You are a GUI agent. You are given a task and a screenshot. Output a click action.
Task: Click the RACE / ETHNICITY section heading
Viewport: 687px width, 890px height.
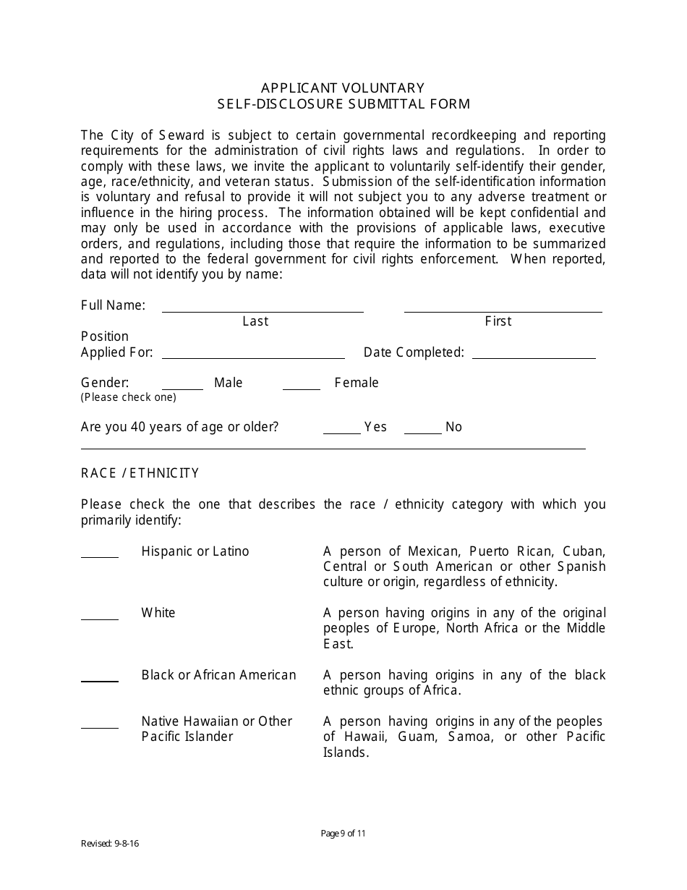pyautogui.click(x=140, y=473)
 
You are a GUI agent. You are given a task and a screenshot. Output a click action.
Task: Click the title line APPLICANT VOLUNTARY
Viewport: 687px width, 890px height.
pyautogui.click(x=343, y=88)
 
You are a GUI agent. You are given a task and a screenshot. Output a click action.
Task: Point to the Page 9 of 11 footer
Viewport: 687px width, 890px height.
pyautogui.click(x=343, y=833)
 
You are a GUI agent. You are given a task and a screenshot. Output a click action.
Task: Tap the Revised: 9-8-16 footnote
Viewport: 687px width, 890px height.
pyautogui.click(x=110, y=844)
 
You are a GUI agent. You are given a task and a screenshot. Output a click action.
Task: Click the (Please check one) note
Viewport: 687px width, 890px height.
pyautogui.click(x=128, y=397)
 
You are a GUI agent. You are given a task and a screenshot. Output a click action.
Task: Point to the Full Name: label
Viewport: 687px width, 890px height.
pyautogui.click(x=113, y=305)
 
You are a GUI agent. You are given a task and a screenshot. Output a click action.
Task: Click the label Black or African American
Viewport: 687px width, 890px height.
pyautogui.click(x=218, y=675)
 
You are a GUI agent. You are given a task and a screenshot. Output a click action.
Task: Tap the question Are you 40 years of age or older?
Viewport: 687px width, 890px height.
pyautogui.click(x=179, y=427)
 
